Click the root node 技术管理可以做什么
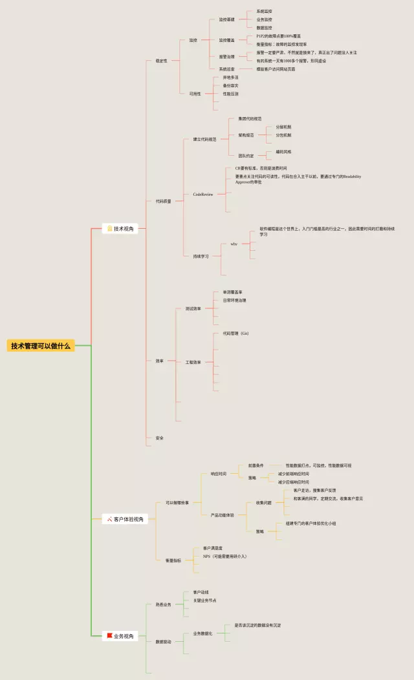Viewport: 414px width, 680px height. pos(41,346)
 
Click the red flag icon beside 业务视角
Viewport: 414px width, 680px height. pos(110,636)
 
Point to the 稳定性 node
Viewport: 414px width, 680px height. pos(161,60)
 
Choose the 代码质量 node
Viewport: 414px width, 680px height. pos(163,201)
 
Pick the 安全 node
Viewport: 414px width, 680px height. pos(159,438)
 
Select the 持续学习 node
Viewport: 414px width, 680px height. pos(201,256)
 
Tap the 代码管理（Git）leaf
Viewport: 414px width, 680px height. pos(235,334)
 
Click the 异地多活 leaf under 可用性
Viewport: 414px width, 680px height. pos(230,77)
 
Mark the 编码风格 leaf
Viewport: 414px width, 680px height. pos(283,152)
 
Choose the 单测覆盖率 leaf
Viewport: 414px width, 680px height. pos(233,292)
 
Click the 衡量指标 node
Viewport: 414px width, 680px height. pos(173,560)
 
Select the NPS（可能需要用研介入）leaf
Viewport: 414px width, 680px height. pos(224,556)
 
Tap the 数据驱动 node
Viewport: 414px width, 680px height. pos(164,641)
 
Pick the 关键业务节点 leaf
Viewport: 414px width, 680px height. pos(204,600)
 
